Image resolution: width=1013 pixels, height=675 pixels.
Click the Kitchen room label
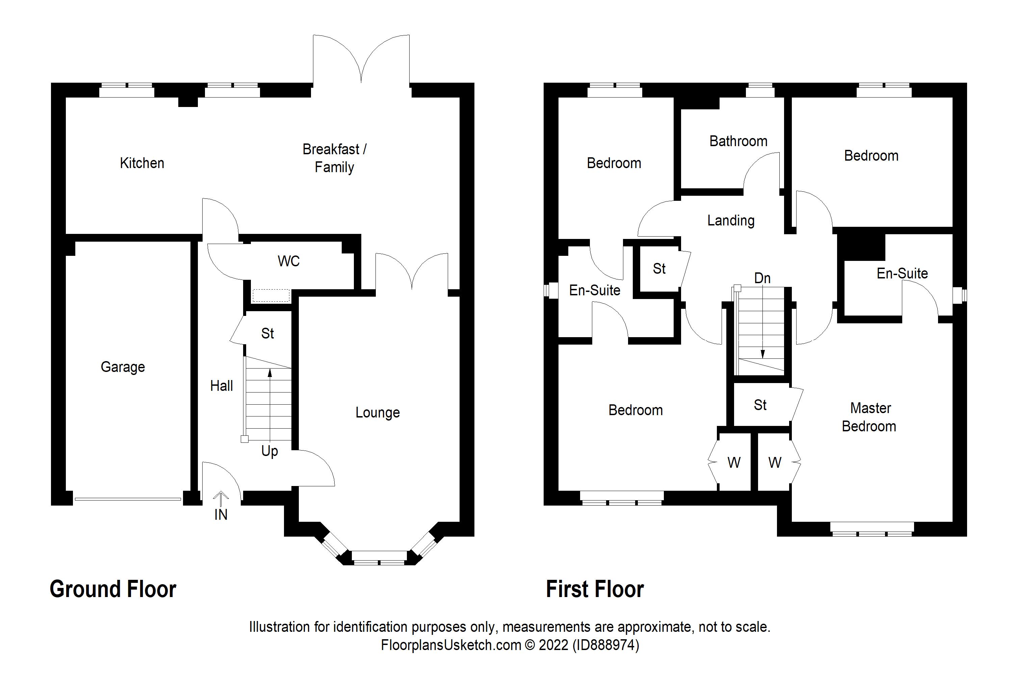[x=142, y=163]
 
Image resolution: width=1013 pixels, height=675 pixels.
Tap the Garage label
[x=123, y=367]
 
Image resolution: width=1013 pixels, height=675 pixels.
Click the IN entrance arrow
[x=220, y=500]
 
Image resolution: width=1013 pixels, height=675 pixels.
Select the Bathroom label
[x=738, y=141]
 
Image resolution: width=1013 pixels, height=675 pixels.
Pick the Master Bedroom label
[x=869, y=417]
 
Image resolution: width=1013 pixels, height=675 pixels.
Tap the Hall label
[x=222, y=386]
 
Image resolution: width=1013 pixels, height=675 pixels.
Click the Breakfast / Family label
[x=334, y=158]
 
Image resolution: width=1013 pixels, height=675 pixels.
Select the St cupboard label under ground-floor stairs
[x=267, y=333]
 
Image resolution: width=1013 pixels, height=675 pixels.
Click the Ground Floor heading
[x=113, y=589]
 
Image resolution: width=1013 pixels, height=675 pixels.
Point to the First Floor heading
[x=594, y=589]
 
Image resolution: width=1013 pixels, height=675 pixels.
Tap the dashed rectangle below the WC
[x=270, y=296]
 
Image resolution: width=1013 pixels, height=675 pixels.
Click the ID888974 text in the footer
[x=605, y=645]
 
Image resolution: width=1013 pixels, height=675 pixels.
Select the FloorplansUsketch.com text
[x=450, y=645]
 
